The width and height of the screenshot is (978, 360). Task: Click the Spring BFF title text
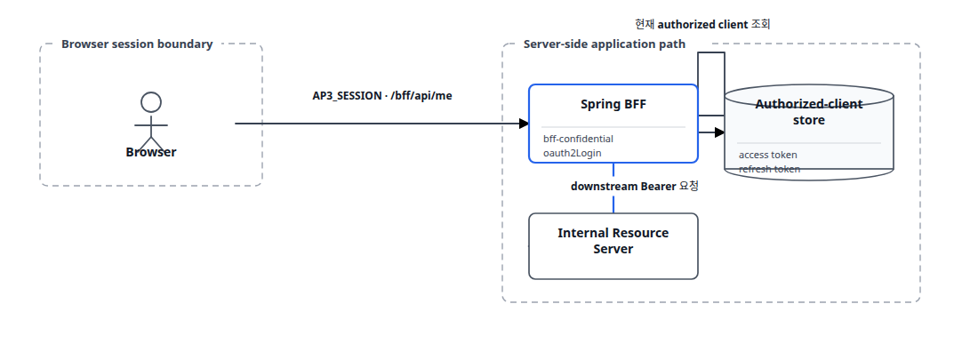point(613,104)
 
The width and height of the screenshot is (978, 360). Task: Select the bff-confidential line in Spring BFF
point(578,139)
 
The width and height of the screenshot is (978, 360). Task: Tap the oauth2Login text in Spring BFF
point(573,153)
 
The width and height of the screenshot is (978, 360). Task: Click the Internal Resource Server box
point(613,246)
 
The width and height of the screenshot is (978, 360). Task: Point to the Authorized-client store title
point(809,112)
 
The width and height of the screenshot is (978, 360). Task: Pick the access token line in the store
point(768,155)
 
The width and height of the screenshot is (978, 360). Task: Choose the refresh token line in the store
point(769,169)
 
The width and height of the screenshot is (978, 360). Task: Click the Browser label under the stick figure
point(151,152)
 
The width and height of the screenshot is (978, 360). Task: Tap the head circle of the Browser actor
point(151,102)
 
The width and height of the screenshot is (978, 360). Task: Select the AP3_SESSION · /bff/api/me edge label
point(382,96)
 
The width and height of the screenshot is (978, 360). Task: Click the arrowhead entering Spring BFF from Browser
point(524,124)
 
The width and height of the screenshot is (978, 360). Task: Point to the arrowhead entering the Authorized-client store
point(719,132)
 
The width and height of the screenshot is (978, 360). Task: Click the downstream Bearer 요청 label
point(634,186)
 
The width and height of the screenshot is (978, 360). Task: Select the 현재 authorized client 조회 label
point(703,25)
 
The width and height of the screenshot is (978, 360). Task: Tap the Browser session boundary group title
point(137,44)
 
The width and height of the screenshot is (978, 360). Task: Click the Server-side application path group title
point(605,44)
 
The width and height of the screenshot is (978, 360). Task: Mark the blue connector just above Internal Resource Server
point(613,204)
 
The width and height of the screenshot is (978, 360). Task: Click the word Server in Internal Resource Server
point(613,249)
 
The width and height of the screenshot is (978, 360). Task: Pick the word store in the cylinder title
point(809,120)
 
